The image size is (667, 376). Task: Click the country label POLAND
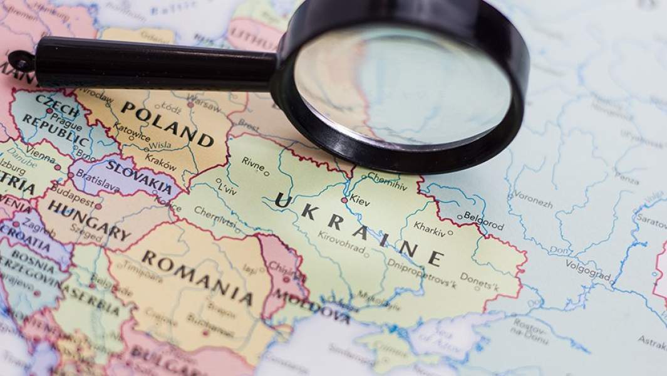pos(166,123)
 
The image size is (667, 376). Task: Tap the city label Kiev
pos(360,202)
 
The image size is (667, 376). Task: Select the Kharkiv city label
pos(429,232)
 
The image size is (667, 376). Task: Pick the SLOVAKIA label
pos(139,177)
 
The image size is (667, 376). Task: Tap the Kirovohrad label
pos(341,241)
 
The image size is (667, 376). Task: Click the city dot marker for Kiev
pos(343,200)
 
